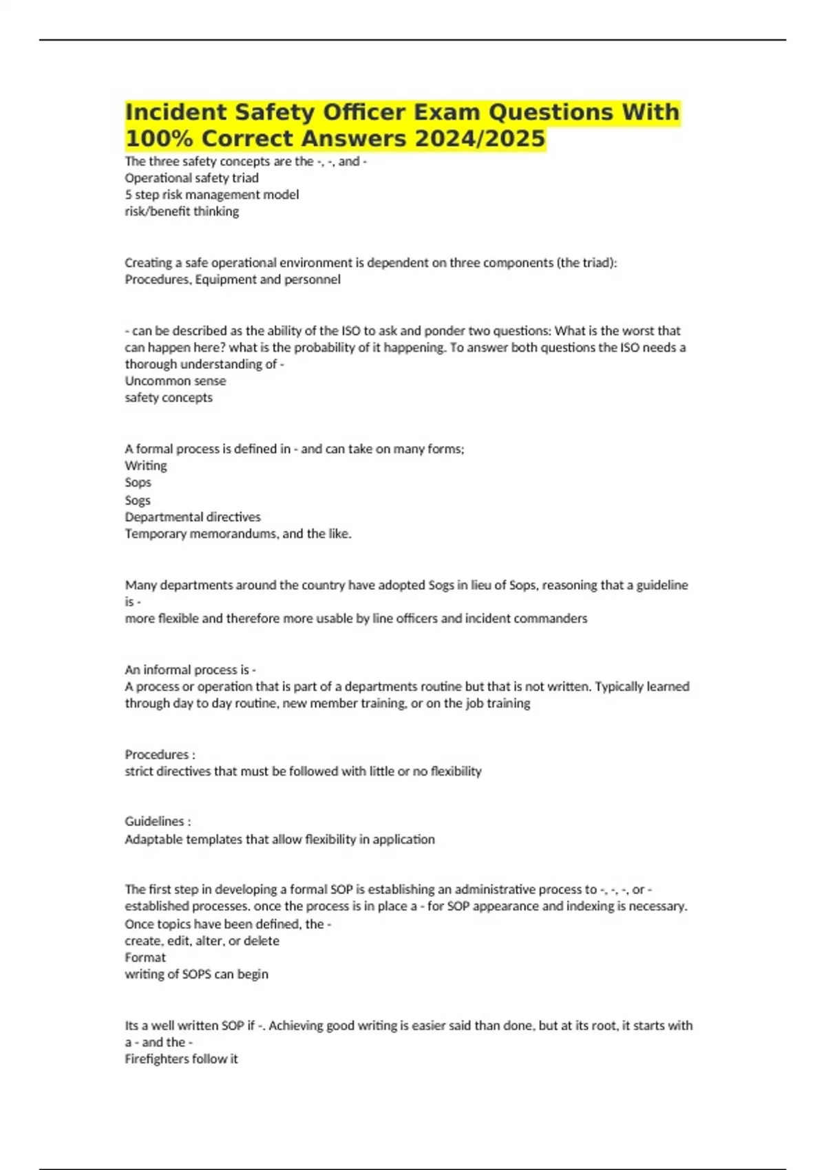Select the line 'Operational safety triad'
pyautogui.click(x=191, y=178)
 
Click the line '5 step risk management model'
pyautogui.click(x=211, y=195)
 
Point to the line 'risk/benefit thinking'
pyautogui.click(x=182, y=211)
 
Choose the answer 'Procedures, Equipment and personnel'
pyautogui.click(x=232, y=279)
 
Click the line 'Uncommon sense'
pyautogui.click(x=175, y=381)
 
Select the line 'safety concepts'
pyautogui.click(x=169, y=397)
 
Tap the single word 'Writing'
pyautogui.click(x=145, y=466)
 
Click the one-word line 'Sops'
pyautogui.click(x=138, y=482)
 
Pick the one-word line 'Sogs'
pyautogui.click(x=138, y=500)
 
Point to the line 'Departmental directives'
pyautogui.click(x=193, y=517)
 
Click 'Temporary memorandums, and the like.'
pyautogui.click(x=237, y=533)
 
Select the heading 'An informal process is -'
pyautogui.click(x=190, y=670)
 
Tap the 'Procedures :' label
pyautogui.click(x=160, y=754)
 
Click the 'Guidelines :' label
pyautogui.click(x=158, y=822)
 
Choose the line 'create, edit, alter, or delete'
pyautogui.click(x=202, y=941)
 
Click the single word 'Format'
pyautogui.click(x=145, y=957)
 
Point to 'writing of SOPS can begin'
pyautogui.click(x=196, y=974)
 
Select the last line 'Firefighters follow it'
pyautogui.click(x=181, y=1059)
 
